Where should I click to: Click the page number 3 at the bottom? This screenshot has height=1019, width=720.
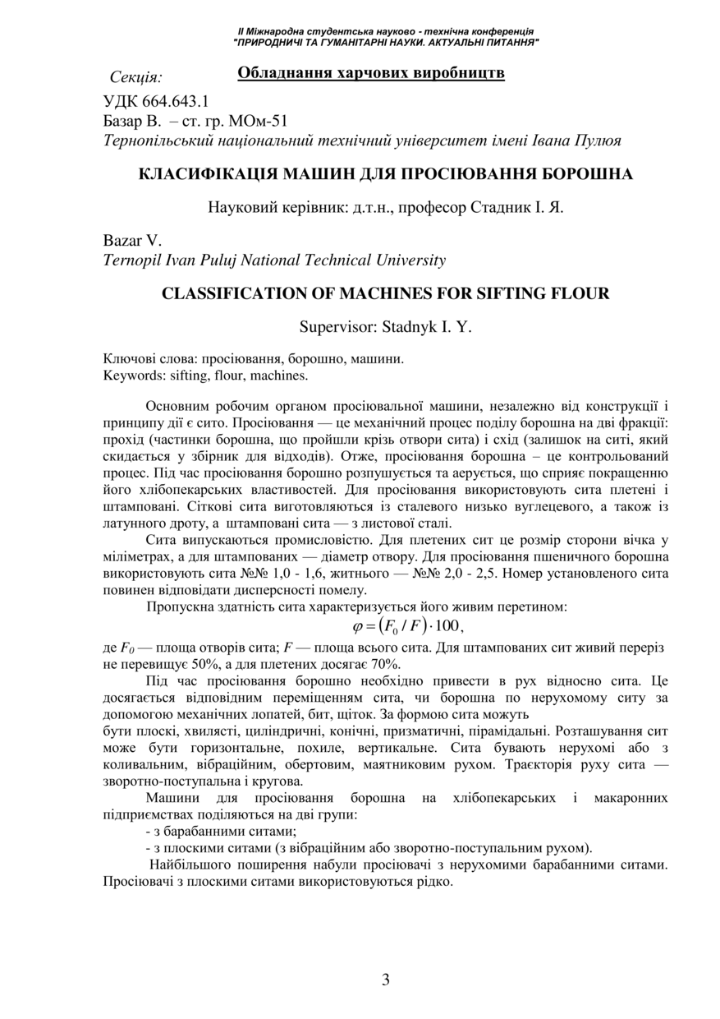(385, 979)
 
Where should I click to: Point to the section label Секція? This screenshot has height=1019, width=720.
(135, 77)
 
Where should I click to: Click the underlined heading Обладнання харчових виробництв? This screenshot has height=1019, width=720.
(370, 74)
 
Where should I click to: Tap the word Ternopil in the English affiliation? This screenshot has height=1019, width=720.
(131, 261)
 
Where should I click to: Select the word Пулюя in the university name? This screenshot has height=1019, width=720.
(598, 140)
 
